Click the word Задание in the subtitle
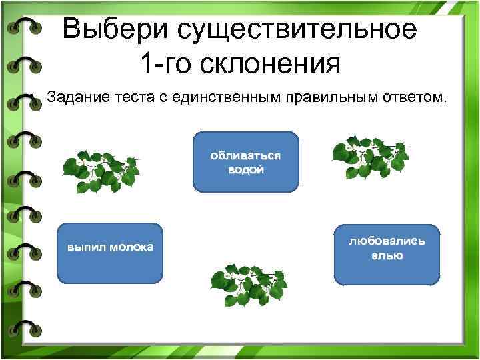(73, 99)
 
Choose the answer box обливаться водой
(245, 162)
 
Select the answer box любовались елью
(387, 253)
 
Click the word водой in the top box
(245, 169)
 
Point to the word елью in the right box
(387, 255)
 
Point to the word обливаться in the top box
(245, 155)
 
